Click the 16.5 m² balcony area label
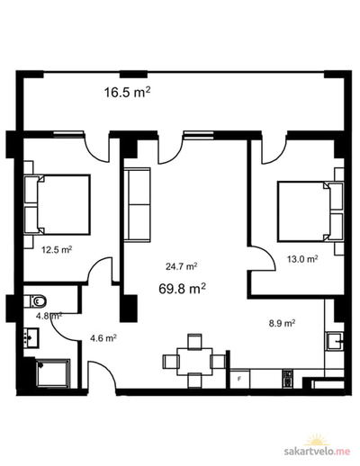127,92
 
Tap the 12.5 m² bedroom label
57,249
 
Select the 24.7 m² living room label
182,266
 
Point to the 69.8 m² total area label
182,289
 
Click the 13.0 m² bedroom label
302,258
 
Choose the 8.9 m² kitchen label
282,323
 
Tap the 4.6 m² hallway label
103,338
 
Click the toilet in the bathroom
35,301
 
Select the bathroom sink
31,338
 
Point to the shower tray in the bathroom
53,373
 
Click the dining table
194,362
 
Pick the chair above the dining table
194,341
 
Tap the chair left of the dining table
170,362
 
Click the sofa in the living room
137,204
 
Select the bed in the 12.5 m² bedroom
57,204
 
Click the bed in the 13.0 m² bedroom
310,211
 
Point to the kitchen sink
335,341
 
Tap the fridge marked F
239,379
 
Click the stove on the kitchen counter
287,379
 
